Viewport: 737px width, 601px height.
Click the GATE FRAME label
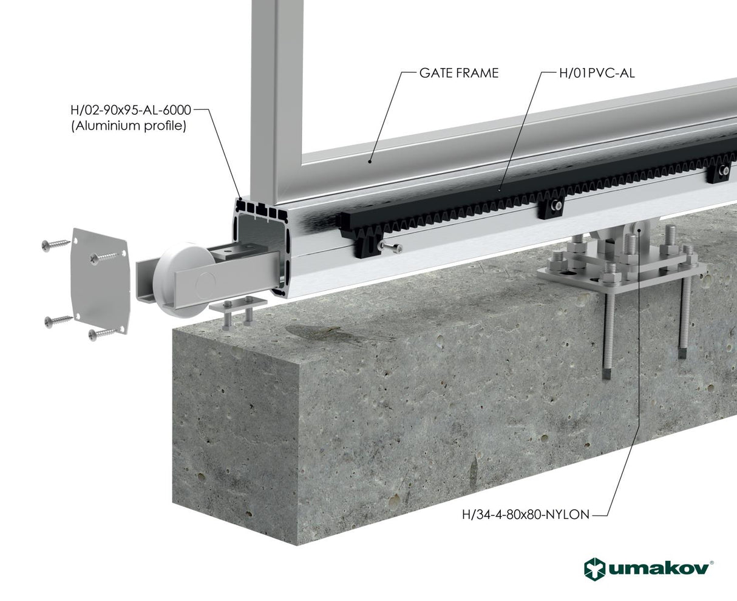click(458, 73)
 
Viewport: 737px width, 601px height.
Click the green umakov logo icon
click(594, 569)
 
